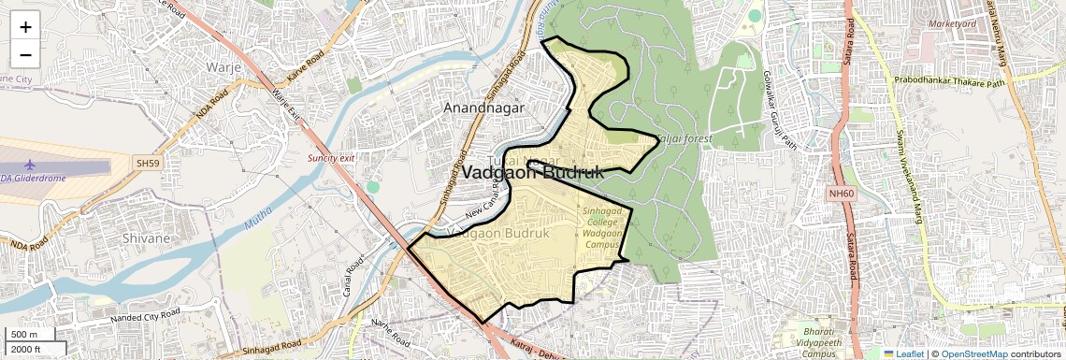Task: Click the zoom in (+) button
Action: pyautogui.click(x=25, y=26)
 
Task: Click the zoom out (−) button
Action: pyautogui.click(x=25, y=54)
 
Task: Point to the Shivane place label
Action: pyautogui.click(x=146, y=238)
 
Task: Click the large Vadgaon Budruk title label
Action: pyautogui.click(x=532, y=173)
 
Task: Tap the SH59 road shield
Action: pyautogui.click(x=148, y=163)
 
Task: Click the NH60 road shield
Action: pyautogui.click(x=842, y=194)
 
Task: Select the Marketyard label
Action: pyautogui.click(x=954, y=22)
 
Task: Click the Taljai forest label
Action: pyautogui.click(x=684, y=139)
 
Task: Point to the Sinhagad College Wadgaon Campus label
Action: pyautogui.click(x=603, y=227)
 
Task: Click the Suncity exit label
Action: pyautogui.click(x=331, y=158)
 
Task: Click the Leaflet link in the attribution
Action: pyautogui.click(x=903, y=353)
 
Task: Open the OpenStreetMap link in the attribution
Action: pyautogui.click(x=973, y=353)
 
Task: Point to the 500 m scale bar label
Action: pyautogui.click(x=24, y=335)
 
